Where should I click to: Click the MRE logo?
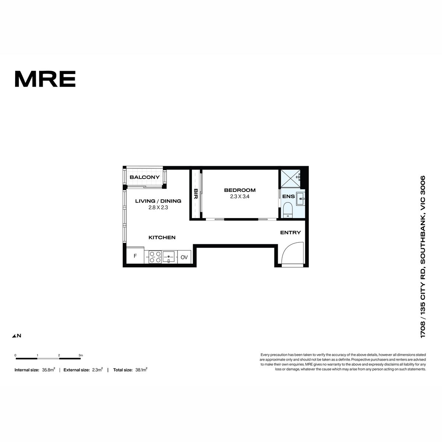click(x=45, y=79)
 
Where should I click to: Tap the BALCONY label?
click(x=144, y=177)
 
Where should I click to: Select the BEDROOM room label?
click(x=240, y=190)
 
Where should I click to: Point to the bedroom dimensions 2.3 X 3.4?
click(x=240, y=197)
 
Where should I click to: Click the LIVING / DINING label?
click(x=158, y=201)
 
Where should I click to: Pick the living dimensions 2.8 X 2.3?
click(x=158, y=208)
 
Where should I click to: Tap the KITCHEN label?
click(x=162, y=238)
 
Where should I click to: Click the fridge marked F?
click(x=135, y=256)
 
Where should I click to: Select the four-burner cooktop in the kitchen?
click(x=155, y=257)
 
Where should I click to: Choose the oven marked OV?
click(x=184, y=257)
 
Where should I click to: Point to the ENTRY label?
click(x=290, y=232)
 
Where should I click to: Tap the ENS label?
click(x=288, y=197)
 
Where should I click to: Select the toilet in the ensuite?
click(x=288, y=210)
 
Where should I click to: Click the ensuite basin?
click(x=301, y=199)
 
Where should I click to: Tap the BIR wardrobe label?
click(x=196, y=194)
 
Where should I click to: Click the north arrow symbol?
click(x=14, y=336)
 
